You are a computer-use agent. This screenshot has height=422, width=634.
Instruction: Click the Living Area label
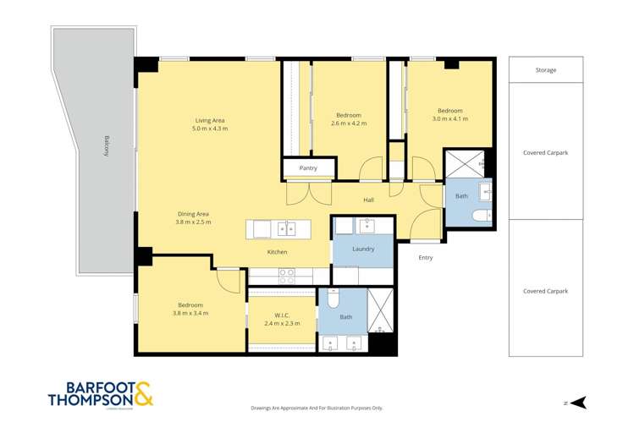[x=210, y=120]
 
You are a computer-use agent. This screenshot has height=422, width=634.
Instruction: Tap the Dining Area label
[x=193, y=214]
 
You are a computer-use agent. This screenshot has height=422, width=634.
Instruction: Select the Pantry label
[x=308, y=168]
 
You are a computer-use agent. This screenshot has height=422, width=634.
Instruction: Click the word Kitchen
[x=277, y=252]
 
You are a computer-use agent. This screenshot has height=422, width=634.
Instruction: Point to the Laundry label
[x=363, y=249]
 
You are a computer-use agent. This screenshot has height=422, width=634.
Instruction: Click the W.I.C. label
[x=282, y=315]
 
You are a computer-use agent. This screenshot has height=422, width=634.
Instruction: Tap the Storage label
[x=545, y=70]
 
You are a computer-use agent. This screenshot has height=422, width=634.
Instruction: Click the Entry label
[x=425, y=258]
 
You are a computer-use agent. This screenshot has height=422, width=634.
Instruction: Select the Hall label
[x=369, y=200]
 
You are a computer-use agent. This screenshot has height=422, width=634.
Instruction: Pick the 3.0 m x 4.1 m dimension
[x=449, y=119]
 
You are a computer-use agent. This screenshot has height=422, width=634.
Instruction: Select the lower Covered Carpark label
[x=545, y=291]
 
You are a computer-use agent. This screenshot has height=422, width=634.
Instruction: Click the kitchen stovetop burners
[x=286, y=273]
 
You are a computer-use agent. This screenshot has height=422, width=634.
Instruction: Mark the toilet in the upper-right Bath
[x=481, y=216]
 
